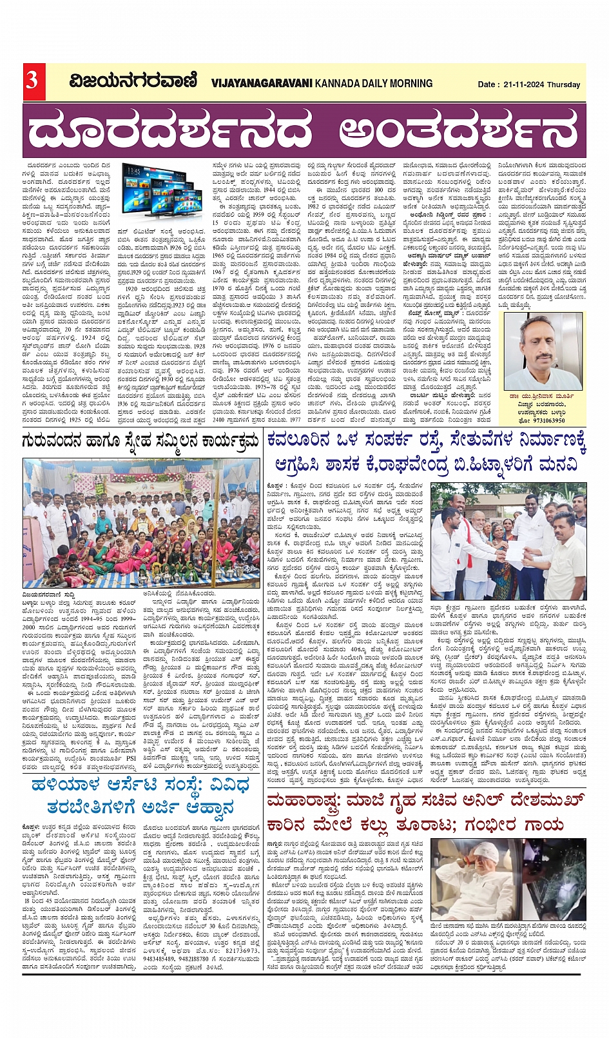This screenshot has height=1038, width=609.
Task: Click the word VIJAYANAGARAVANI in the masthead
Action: point(262,83)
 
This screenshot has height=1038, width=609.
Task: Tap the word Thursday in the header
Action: point(564,84)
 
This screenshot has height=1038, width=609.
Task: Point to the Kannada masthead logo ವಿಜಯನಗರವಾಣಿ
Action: point(133,81)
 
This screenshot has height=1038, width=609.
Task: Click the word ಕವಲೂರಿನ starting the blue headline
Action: point(307,442)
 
